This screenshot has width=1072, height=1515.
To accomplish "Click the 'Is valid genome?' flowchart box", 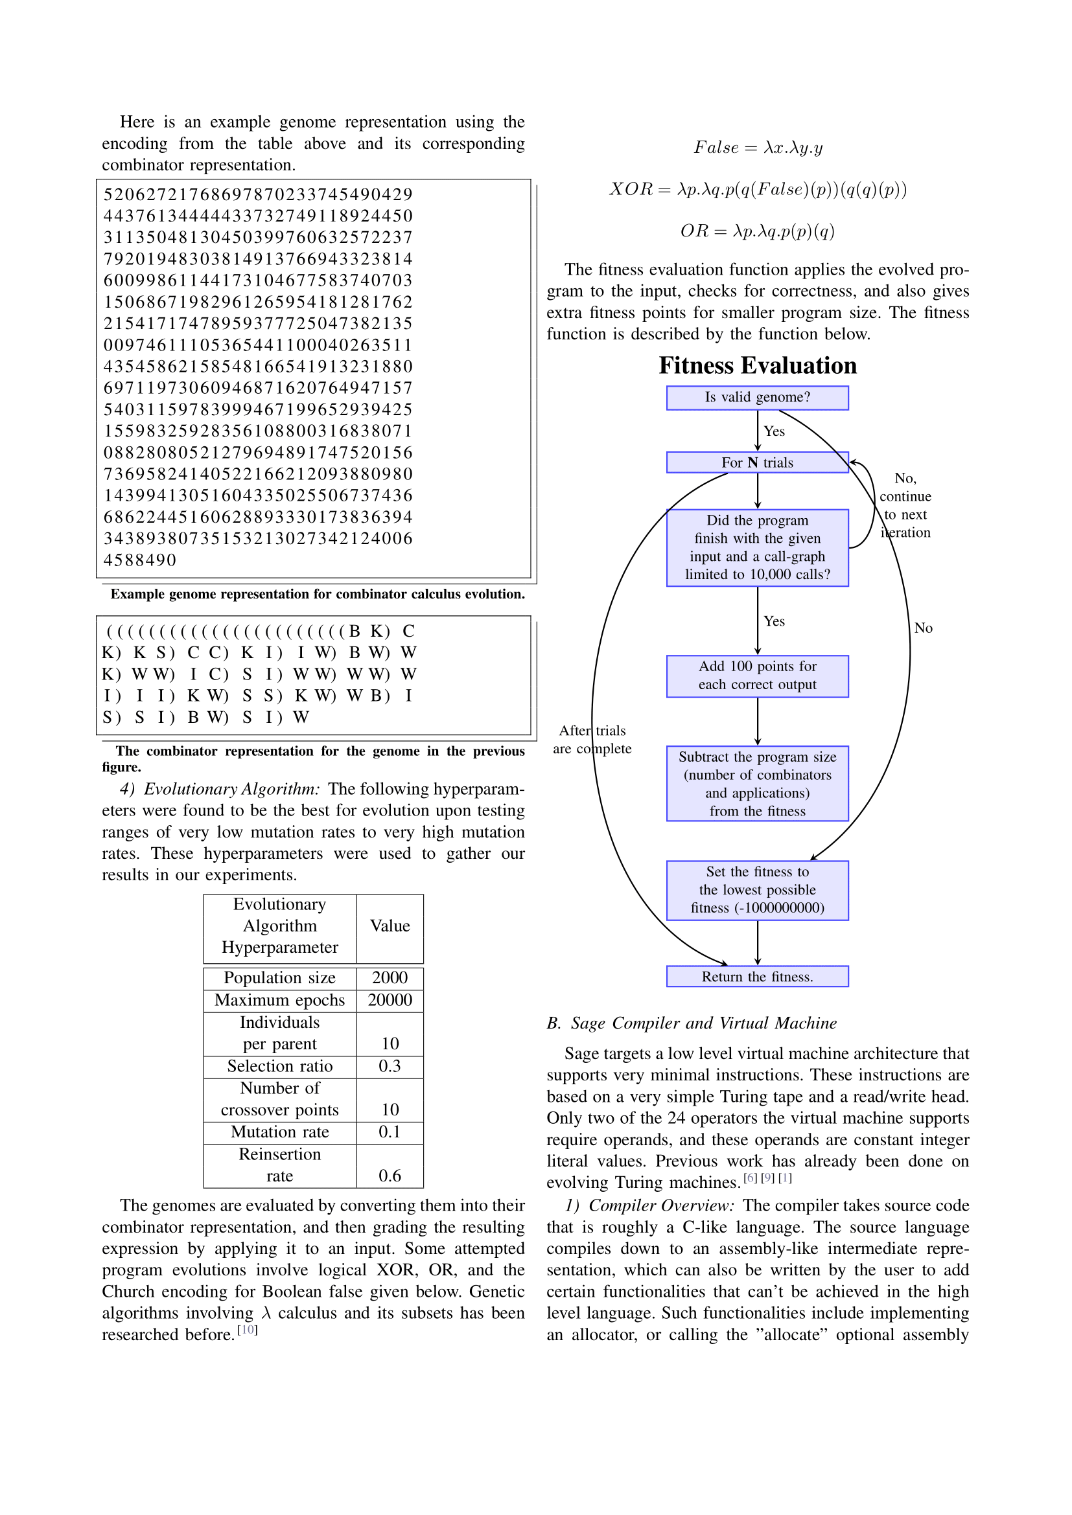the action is pyautogui.click(x=757, y=398).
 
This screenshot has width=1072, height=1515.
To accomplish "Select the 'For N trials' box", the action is pyautogui.click(x=757, y=462).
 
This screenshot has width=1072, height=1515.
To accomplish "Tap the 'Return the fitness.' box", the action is pyautogui.click(x=757, y=977).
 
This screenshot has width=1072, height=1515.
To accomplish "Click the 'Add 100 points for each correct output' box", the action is pyautogui.click(x=757, y=676).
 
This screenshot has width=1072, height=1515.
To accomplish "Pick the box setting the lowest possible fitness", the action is pyautogui.click(x=757, y=890).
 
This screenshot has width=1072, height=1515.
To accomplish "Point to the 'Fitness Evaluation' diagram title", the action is pyautogui.click(x=758, y=365).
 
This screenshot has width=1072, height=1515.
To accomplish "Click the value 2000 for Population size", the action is pyautogui.click(x=390, y=978).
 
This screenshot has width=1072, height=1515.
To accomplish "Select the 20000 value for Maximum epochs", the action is pyautogui.click(x=390, y=1000).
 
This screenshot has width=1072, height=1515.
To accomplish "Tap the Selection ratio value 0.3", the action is pyautogui.click(x=390, y=1066).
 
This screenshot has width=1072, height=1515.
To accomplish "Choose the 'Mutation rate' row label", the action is pyautogui.click(x=280, y=1132).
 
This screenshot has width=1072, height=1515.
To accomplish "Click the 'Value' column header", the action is pyautogui.click(x=390, y=926).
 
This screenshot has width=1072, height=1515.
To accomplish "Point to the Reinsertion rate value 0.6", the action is pyautogui.click(x=390, y=1176).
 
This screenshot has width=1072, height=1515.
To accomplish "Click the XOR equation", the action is pyautogui.click(x=758, y=190).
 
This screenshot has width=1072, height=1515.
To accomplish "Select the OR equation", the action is pyautogui.click(x=758, y=232).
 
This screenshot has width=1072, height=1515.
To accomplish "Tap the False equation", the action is pyautogui.click(x=758, y=148).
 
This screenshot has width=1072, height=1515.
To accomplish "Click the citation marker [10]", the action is pyautogui.click(x=248, y=1330).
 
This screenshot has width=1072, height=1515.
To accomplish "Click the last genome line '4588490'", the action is pyautogui.click(x=140, y=560).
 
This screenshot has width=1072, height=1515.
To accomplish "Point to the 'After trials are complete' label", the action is pyautogui.click(x=592, y=740).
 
